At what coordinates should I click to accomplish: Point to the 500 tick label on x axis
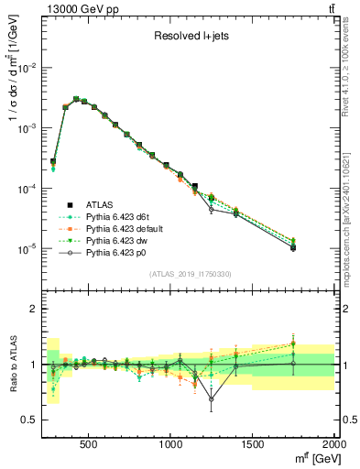[89, 443]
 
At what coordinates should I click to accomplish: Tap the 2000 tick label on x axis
[333, 443]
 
